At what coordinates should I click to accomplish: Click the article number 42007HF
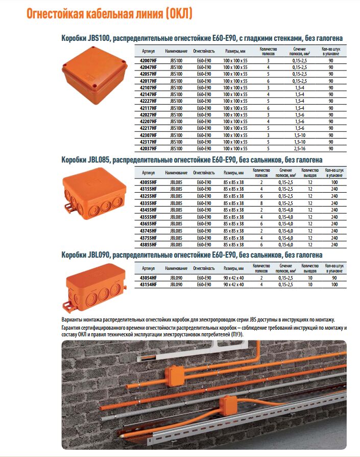(x=148, y=61)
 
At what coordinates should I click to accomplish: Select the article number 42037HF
(x=148, y=148)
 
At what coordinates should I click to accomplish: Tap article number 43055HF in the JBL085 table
(x=148, y=182)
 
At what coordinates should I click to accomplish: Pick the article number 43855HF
(x=148, y=244)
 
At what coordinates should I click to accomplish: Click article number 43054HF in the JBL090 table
(x=148, y=277)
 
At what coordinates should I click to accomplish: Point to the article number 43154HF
(x=148, y=284)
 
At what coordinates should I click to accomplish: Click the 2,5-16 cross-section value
(x=299, y=148)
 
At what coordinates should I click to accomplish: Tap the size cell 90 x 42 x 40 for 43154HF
(x=234, y=284)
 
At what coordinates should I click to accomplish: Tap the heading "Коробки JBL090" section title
(x=191, y=255)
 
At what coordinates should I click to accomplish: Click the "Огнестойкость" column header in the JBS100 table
(x=204, y=52)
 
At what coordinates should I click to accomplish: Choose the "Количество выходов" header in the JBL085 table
(x=310, y=172)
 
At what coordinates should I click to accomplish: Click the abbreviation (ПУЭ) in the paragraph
(x=235, y=334)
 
